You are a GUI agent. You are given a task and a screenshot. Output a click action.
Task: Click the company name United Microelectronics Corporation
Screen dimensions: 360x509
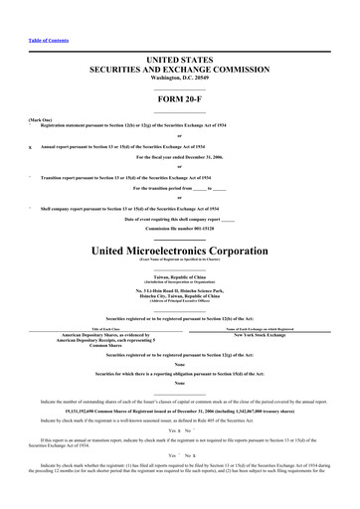(x=179, y=249)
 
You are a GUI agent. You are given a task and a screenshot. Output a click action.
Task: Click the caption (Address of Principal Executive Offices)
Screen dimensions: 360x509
(x=179, y=302)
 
